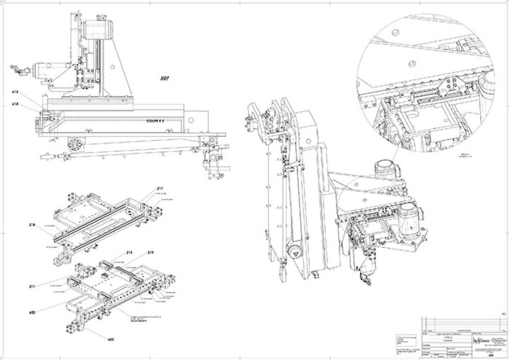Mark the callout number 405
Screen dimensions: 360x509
click(111, 338)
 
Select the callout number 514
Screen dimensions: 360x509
click(15, 104)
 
